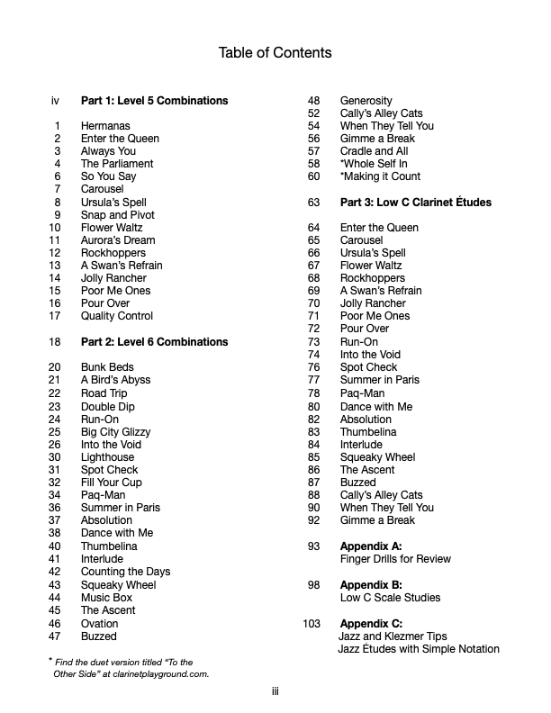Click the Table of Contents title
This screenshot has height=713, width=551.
[275, 52]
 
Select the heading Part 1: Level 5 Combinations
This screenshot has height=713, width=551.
[154, 101]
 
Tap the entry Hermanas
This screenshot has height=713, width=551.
[105, 126]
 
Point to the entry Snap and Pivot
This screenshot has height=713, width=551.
[118, 215]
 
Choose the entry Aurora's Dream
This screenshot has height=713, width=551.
[118, 240]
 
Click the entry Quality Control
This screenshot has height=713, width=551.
[117, 316]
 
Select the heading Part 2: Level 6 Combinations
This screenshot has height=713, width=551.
[154, 342]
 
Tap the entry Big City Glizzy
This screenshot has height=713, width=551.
[116, 432]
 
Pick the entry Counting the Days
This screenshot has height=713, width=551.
[125, 572]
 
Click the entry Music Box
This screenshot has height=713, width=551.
[106, 598]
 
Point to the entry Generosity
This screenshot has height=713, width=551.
[366, 101]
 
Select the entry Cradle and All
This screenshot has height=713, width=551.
[374, 151]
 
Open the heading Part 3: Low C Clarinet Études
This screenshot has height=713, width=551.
[415, 203]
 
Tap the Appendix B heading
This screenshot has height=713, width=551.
[371, 585]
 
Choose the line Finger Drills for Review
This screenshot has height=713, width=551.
[395, 559]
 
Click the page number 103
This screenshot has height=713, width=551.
[312, 624]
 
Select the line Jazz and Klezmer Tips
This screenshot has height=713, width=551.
[393, 636]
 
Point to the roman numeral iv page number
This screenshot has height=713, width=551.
[56, 101]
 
